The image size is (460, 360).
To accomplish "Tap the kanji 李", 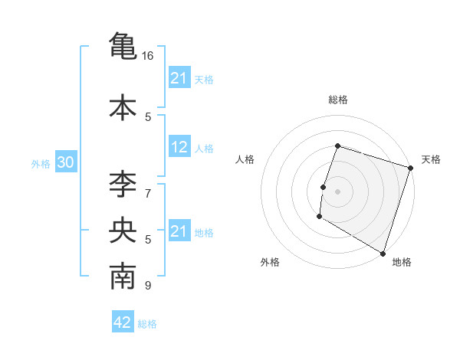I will [x=123, y=184].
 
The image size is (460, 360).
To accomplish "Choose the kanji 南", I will [x=123, y=278].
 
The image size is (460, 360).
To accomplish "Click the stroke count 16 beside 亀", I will [x=148, y=56].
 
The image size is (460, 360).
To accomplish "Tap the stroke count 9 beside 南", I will [x=148, y=286].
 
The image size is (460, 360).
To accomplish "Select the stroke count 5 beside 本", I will [x=148, y=116].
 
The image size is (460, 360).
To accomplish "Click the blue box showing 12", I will [x=179, y=148].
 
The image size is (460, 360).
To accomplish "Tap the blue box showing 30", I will [x=65, y=163].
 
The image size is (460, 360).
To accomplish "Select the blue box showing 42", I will [x=123, y=323].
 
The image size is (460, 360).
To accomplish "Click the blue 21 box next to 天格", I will [x=179, y=78].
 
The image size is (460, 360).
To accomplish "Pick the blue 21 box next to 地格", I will [x=179, y=231].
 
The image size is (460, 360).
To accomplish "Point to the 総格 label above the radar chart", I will [x=337, y=100].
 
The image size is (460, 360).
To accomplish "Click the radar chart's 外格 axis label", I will [x=270, y=262].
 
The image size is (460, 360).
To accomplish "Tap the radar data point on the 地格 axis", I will [x=382, y=253].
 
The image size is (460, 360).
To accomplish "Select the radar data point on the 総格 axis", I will [x=337, y=146].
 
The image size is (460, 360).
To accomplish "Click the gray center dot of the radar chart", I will [x=337, y=191].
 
